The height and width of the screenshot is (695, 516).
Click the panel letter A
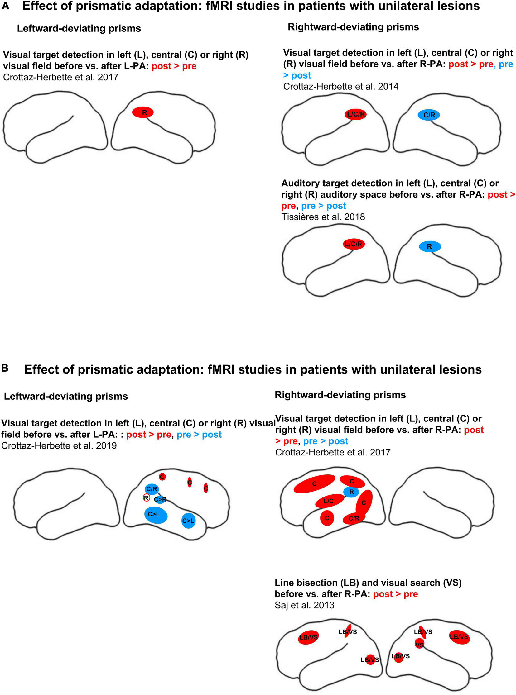pos(5,6)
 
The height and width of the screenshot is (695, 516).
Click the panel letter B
pos(5,368)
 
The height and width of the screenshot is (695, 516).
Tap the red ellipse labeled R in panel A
pos(143,112)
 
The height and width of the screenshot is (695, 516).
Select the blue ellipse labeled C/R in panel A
pos(428,115)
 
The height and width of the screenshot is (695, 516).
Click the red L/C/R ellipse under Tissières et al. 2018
pos(354,244)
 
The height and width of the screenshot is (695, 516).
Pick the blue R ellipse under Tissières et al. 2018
pos(429,246)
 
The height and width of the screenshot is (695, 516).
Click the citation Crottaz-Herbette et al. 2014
pos(340,86)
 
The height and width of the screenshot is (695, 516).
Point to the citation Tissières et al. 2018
pos(323,217)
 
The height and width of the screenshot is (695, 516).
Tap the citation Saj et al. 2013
pos(304,605)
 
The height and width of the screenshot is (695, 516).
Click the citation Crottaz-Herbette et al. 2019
pos(59,446)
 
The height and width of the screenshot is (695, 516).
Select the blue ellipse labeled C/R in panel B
pos(152,489)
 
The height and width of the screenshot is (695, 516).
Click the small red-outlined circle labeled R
pos(146,498)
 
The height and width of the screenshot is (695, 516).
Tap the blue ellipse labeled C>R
pos(160,500)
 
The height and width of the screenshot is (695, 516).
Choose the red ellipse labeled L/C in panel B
pos(329,501)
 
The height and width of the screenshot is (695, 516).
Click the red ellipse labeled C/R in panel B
pos(354,518)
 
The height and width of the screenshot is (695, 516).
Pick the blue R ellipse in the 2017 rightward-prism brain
pos(351,492)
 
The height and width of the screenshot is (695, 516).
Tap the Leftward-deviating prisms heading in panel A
pos(79,28)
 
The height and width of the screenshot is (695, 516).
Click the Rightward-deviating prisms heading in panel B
pos(340,395)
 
